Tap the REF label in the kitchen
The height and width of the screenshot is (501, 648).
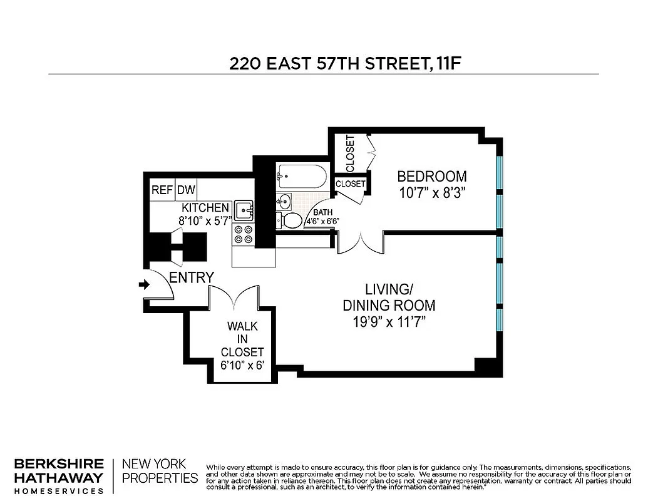[162, 190]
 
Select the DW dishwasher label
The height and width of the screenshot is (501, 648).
[187, 190]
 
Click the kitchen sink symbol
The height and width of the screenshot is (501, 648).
[244, 210]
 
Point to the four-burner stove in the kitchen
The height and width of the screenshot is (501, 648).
[243, 235]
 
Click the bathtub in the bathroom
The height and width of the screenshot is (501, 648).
[302, 176]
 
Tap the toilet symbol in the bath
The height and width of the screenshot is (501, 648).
[289, 220]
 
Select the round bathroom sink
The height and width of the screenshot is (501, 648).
[285, 202]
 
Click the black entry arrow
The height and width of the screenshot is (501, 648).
[144, 285]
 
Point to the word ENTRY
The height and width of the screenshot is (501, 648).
[192, 277]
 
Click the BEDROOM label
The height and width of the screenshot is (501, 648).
[432, 177]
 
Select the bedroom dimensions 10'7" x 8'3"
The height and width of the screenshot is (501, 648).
[432, 193]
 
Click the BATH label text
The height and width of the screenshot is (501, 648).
[323, 212]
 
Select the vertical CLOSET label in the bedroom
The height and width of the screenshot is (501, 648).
[350, 153]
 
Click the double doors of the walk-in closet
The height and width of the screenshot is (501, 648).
[234, 297]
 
